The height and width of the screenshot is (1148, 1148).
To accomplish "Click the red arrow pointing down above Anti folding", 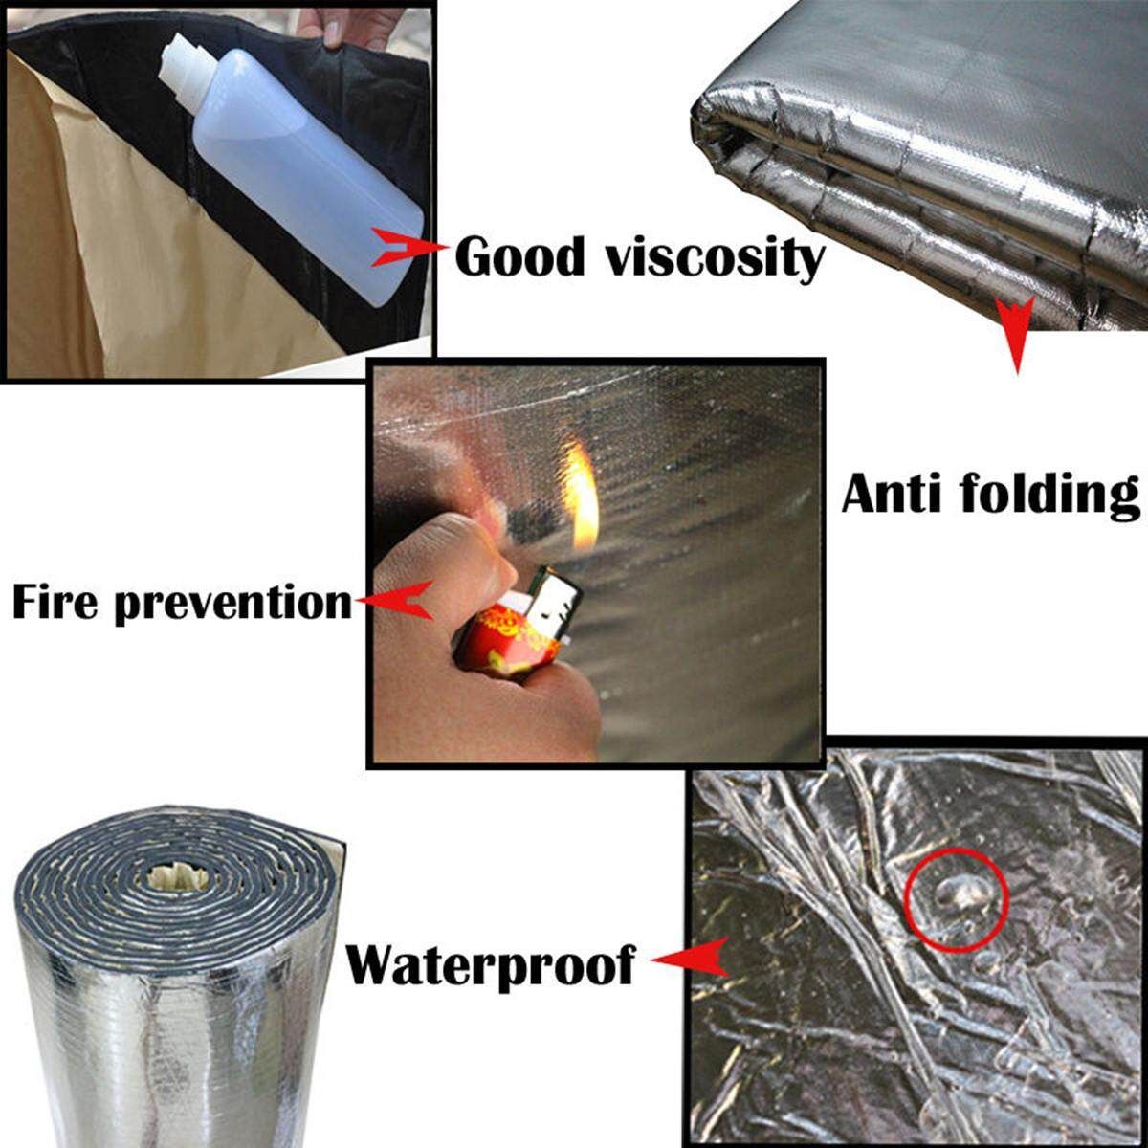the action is tap(1016, 335).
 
